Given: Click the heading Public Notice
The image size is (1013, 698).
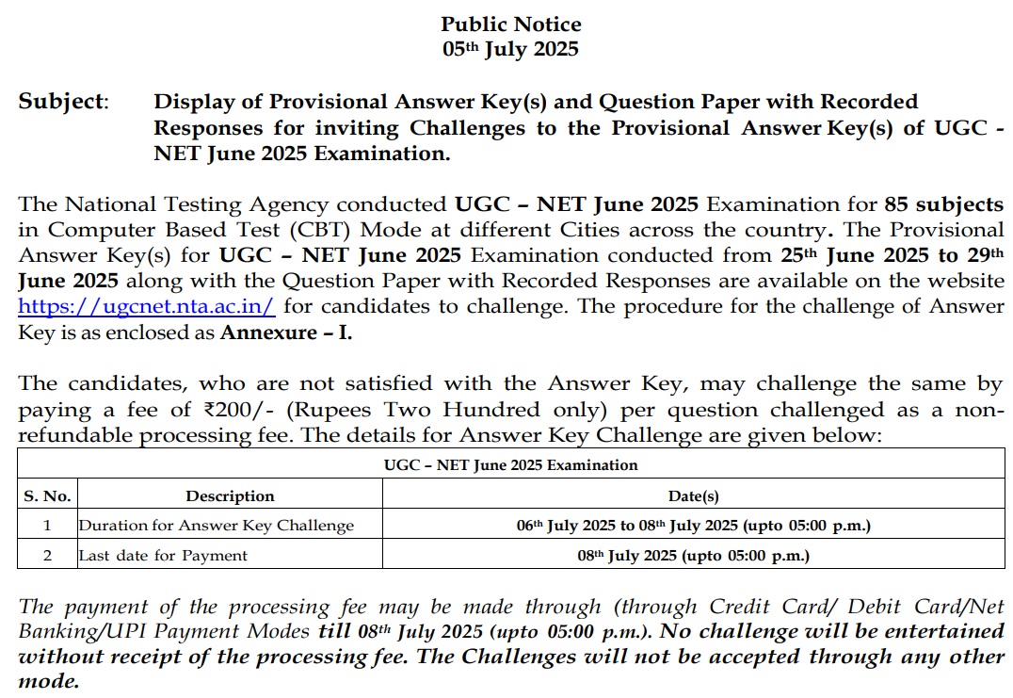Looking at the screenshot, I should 511,24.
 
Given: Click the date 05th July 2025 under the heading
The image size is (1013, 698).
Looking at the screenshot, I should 511,49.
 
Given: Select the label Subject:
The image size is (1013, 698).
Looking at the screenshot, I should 63,102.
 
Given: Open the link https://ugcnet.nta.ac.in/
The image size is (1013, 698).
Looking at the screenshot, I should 147,306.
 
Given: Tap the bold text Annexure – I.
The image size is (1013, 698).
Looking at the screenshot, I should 286,332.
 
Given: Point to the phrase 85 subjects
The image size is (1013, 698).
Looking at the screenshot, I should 943,204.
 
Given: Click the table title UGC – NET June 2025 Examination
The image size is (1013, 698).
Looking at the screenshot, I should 511,464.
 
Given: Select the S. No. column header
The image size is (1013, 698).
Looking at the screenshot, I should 47,495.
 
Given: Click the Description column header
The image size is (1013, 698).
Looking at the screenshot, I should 230,495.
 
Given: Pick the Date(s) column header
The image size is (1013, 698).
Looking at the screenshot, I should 693,495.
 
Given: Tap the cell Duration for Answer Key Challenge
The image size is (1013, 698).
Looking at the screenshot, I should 217,526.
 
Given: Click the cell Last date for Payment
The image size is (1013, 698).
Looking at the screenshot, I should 163,555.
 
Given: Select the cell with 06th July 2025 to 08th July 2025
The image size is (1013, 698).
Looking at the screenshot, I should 693,526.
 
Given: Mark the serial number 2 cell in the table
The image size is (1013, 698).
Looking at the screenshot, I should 47,555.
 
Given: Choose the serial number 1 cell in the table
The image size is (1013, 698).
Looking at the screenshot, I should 47,526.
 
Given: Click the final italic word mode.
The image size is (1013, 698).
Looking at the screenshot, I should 49,681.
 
